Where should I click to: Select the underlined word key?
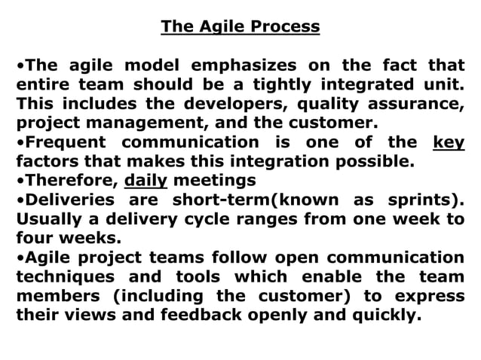(449, 142)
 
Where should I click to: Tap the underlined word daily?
(146, 181)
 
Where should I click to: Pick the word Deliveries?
(64, 200)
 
